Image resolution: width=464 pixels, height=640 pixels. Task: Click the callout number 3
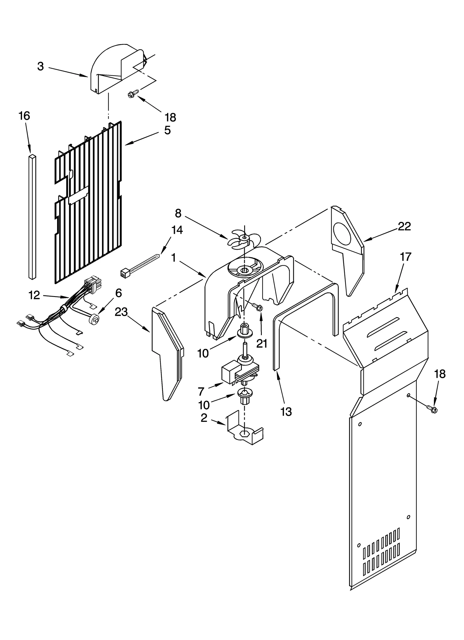pos(41,66)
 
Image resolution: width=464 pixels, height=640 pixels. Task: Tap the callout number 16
pos(24,116)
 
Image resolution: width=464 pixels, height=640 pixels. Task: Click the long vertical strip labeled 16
pos(33,217)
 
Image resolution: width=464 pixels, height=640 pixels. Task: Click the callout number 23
pos(121,312)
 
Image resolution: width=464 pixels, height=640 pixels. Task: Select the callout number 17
pos(405,257)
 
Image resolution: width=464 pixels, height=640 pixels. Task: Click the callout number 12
pos(34,295)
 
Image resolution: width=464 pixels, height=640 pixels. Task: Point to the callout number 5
pos(167,130)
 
